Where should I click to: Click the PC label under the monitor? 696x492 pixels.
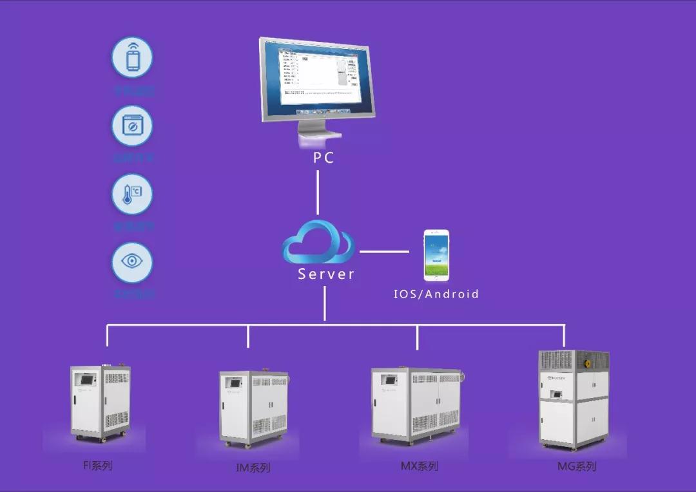point(324,158)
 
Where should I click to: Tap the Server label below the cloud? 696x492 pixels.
point(326,274)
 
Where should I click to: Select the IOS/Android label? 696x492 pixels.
point(436,294)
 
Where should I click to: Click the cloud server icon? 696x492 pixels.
point(318,241)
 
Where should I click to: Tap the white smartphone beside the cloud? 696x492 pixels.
point(437,255)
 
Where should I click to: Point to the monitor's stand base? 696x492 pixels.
point(318,143)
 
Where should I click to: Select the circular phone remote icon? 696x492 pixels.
point(132,57)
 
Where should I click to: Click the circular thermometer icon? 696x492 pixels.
point(132,194)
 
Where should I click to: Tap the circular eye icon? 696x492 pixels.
point(132,262)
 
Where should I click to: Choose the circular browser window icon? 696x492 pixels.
point(132,126)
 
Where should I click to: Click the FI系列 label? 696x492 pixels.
point(97,465)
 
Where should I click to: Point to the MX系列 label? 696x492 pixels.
point(419,466)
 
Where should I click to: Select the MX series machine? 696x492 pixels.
point(416,404)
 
